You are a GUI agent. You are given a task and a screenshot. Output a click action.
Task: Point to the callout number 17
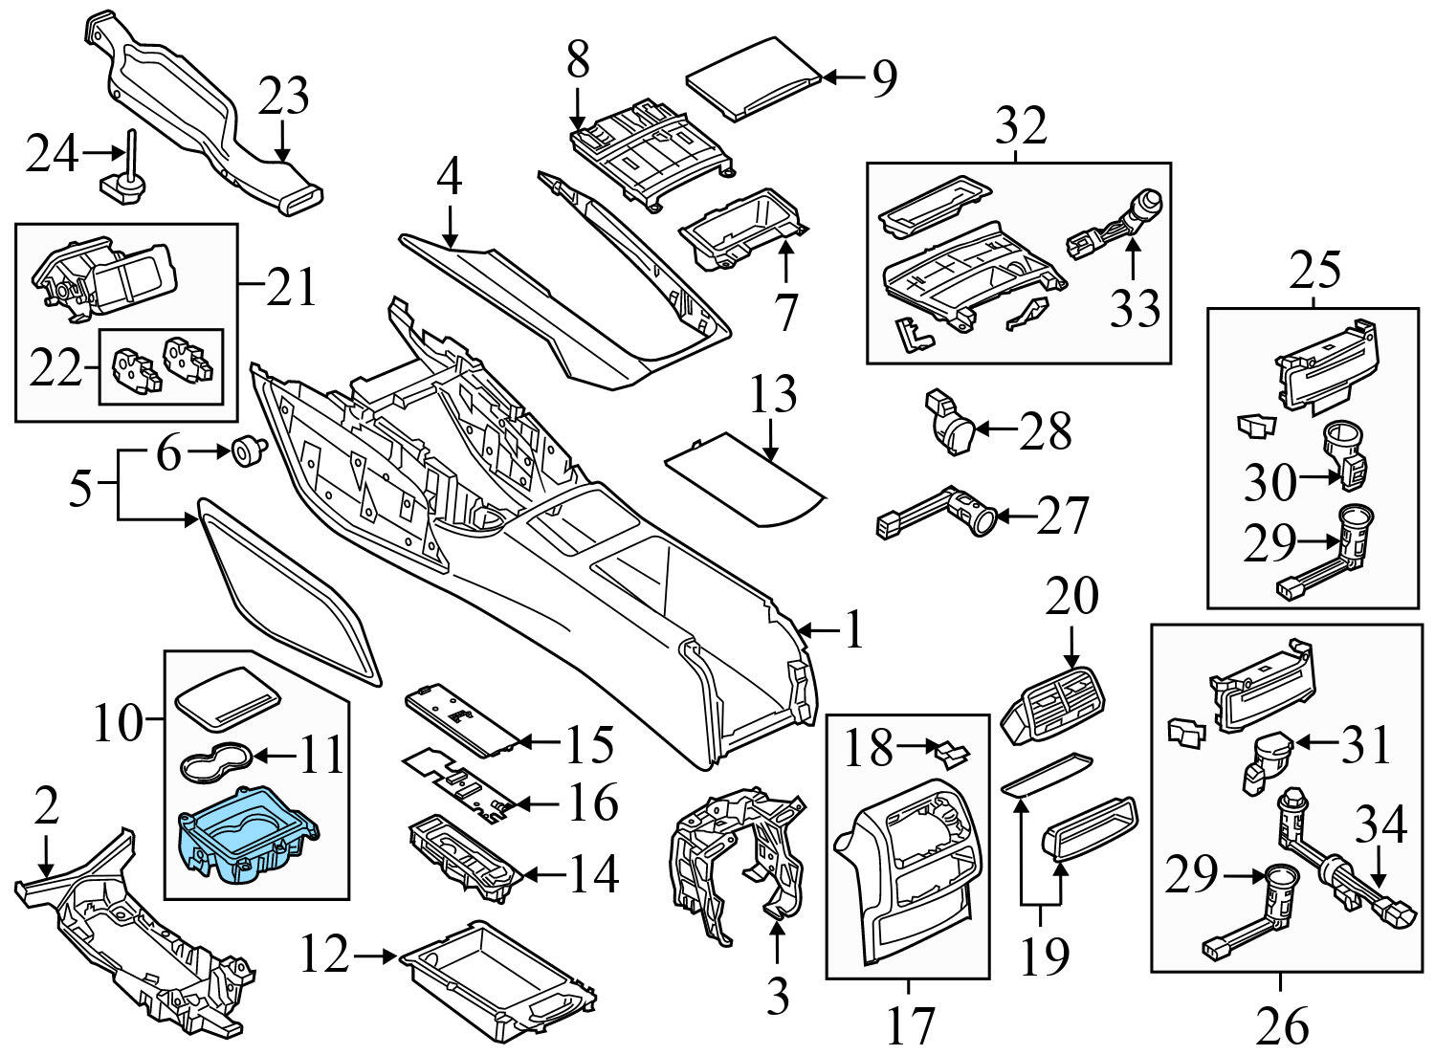point(908,1024)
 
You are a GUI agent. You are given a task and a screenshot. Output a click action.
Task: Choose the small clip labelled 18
point(950,754)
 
